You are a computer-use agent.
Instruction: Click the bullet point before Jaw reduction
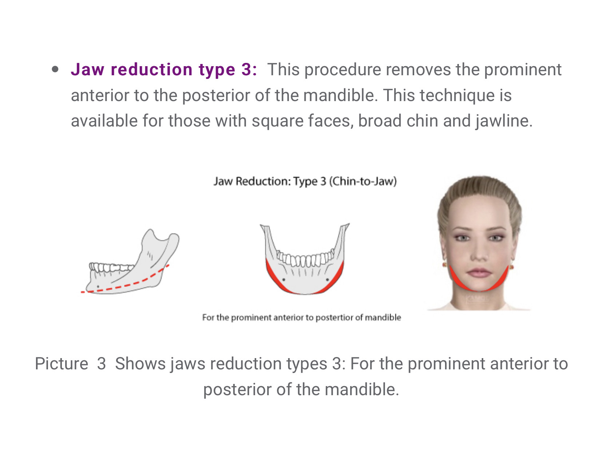[55, 69]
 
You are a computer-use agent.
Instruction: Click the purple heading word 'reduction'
[151, 69]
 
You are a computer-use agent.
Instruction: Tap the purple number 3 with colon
[249, 69]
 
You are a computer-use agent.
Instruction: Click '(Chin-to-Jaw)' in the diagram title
[363, 181]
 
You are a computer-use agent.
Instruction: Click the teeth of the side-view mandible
[109, 268]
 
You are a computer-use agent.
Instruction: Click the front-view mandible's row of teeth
[305, 259]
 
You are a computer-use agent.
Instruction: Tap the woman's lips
[479, 273]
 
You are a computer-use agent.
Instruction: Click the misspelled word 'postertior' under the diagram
[334, 317]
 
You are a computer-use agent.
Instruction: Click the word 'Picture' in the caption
[61, 364]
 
